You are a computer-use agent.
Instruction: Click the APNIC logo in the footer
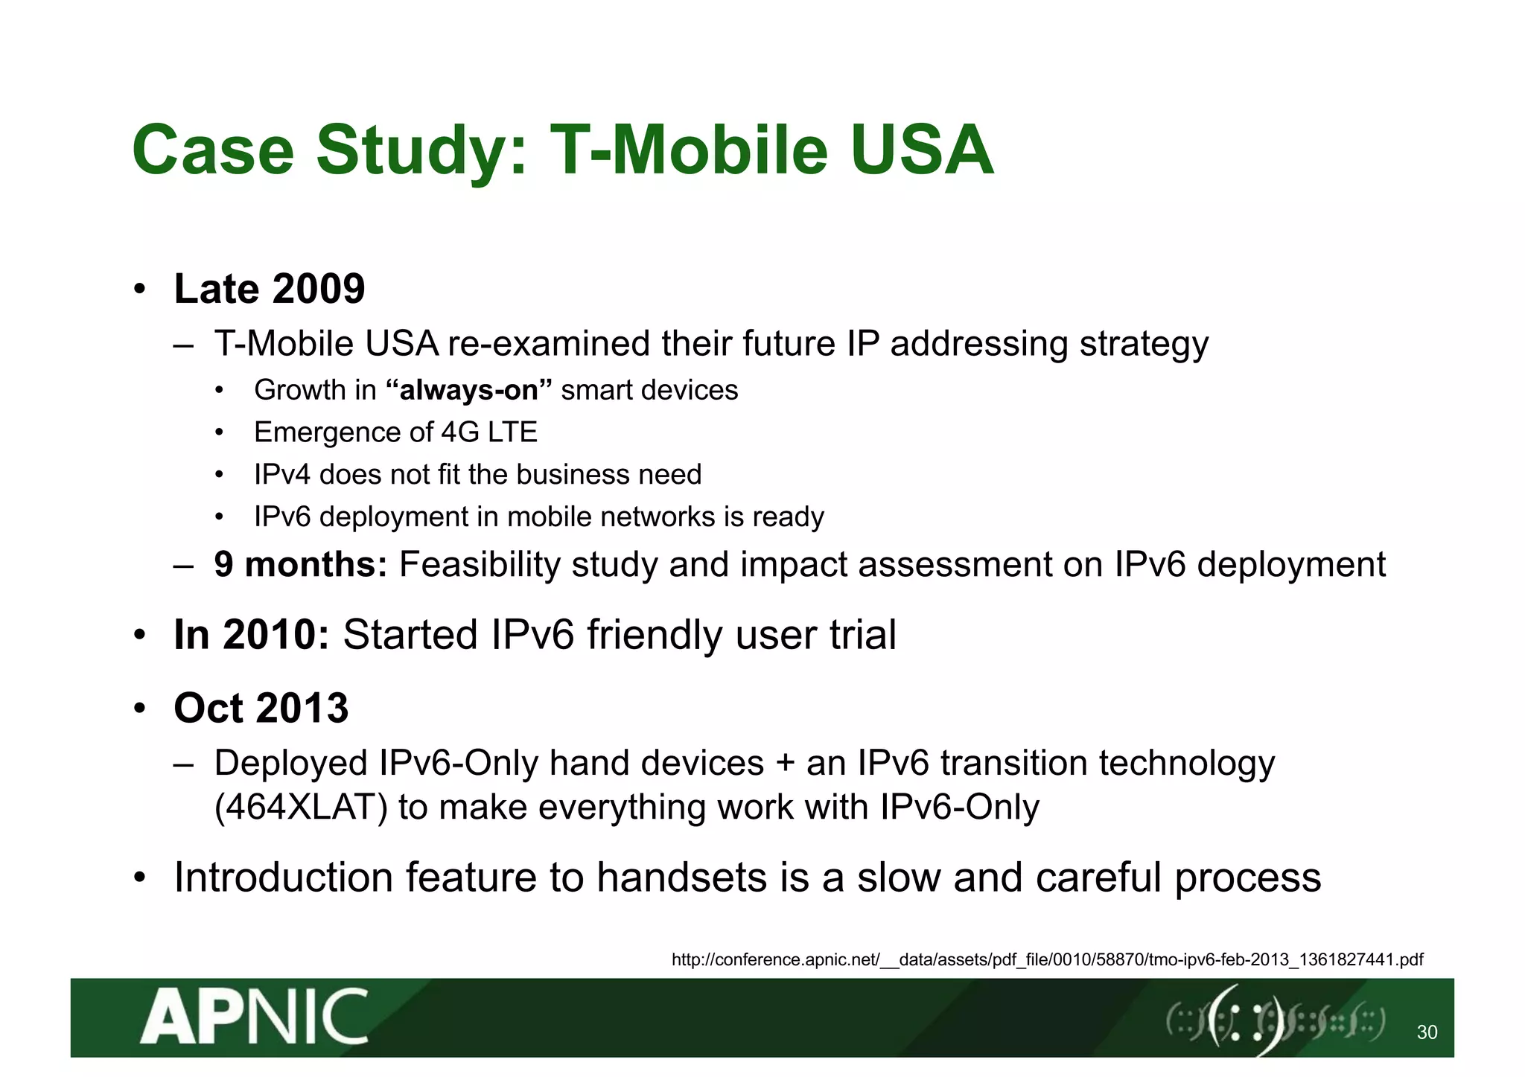click(254, 1017)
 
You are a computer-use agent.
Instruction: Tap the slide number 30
click(1427, 1032)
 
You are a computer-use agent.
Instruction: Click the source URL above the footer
click(1047, 959)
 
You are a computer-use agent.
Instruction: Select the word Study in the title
click(422, 151)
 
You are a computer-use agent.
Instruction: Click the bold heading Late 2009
click(270, 289)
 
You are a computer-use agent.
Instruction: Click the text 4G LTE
click(489, 432)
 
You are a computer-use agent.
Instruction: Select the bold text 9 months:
click(301, 564)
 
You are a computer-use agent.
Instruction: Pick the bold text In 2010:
click(252, 635)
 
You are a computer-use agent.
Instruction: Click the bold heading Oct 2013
click(261, 708)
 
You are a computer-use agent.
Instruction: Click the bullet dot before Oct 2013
click(140, 709)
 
